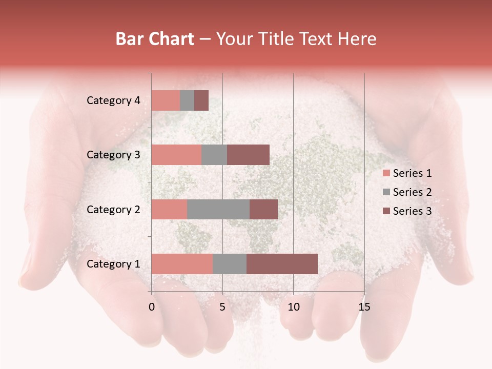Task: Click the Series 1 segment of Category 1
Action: click(x=182, y=264)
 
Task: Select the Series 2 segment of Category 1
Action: click(x=230, y=264)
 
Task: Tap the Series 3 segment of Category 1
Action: click(x=282, y=264)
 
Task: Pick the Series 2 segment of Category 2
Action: click(x=218, y=209)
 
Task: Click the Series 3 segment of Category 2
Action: click(x=263, y=209)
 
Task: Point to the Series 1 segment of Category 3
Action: click(x=176, y=155)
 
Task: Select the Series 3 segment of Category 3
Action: click(x=248, y=155)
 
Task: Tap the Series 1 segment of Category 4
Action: click(x=166, y=100)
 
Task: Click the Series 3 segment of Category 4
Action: click(x=201, y=100)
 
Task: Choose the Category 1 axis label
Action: click(x=113, y=264)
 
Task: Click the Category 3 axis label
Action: click(x=113, y=155)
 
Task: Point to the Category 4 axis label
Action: click(x=113, y=100)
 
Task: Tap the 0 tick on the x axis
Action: click(x=152, y=307)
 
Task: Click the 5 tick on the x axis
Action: click(x=222, y=307)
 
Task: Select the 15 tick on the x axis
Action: click(x=364, y=307)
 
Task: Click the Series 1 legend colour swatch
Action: click(x=386, y=173)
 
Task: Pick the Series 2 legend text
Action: click(x=412, y=192)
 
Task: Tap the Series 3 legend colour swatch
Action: click(x=386, y=211)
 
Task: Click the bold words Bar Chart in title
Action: click(x=155, y=39)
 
